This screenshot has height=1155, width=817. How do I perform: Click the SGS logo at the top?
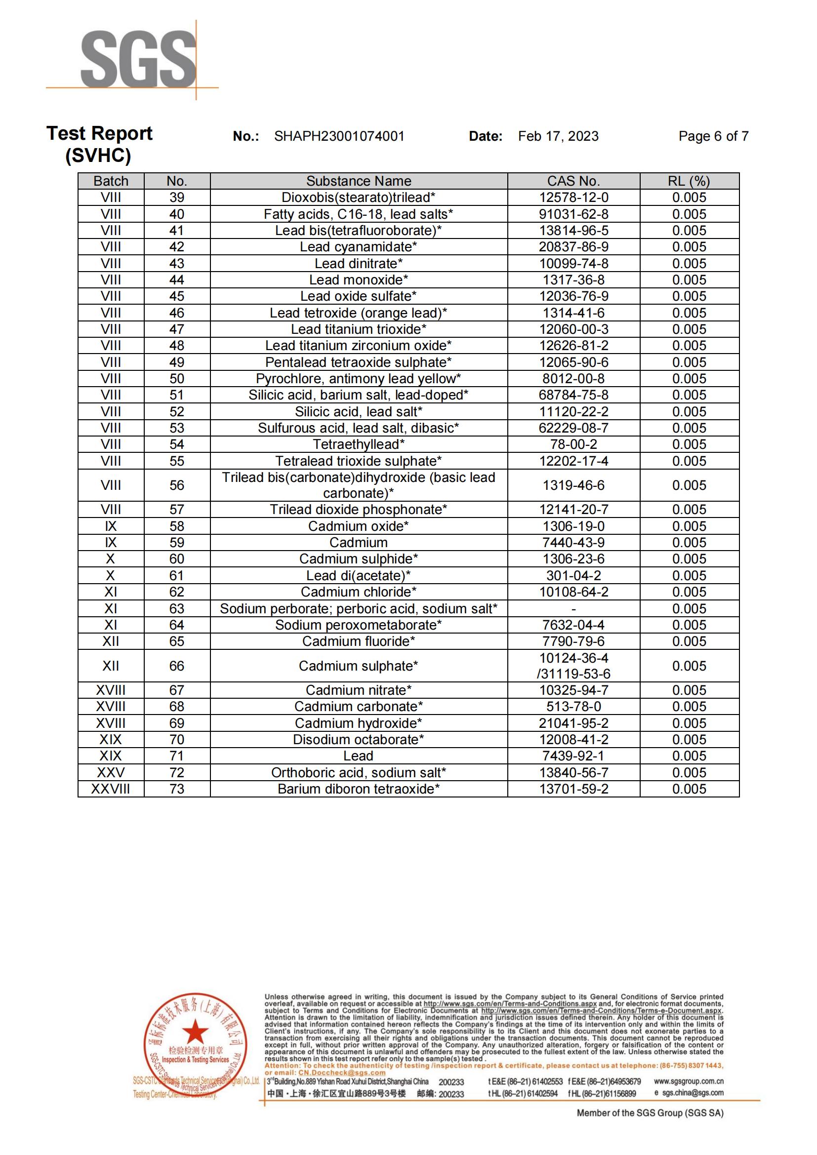138,59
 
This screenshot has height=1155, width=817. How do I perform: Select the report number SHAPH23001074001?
339,136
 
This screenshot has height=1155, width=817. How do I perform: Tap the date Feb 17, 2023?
559,136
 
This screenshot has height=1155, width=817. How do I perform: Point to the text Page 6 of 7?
713,136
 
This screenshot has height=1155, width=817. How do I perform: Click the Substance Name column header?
359,181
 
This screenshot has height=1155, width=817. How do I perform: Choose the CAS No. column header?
573,181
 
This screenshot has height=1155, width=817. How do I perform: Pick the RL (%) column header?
689,181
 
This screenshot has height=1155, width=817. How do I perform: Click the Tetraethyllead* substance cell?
359,445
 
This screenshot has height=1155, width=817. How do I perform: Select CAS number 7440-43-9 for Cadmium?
573,543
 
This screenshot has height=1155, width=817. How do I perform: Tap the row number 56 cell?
176,485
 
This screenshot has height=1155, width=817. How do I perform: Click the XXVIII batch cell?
111,789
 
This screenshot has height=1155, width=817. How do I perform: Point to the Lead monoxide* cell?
359,280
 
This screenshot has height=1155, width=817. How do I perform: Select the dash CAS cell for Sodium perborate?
573,609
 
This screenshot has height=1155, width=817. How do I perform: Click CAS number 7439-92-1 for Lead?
573,756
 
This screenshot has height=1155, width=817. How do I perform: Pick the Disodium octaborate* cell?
359,740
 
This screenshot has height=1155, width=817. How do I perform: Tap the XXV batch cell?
111,773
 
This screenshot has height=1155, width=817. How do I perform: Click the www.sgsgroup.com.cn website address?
688,1081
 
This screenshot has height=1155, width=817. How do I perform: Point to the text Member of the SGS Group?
650,1113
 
